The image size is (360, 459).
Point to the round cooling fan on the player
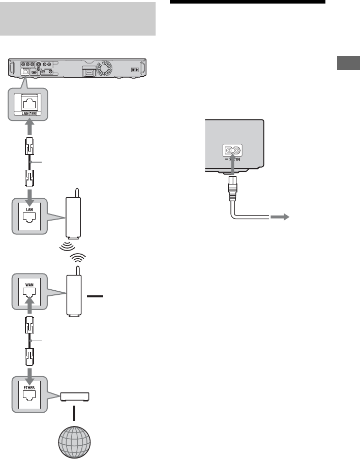point(107,70)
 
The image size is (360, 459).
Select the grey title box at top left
point(78,19)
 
